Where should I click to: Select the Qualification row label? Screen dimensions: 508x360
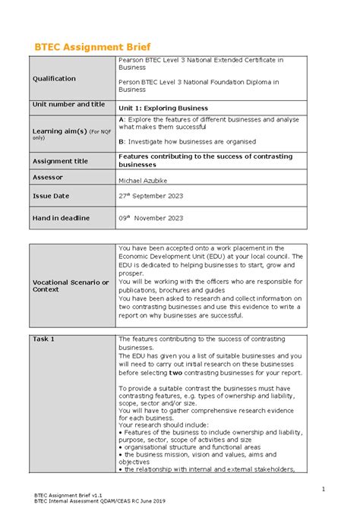53,78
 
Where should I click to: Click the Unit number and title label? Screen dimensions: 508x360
68,104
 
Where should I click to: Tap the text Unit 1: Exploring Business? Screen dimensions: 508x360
166,108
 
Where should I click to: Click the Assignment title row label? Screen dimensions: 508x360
60,161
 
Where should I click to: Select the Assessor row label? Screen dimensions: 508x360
49,176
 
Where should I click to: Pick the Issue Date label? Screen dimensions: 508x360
50,196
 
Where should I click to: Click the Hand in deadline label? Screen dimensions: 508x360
60,218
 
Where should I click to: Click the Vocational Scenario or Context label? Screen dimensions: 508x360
70,286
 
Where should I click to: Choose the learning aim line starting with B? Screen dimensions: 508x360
187,141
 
